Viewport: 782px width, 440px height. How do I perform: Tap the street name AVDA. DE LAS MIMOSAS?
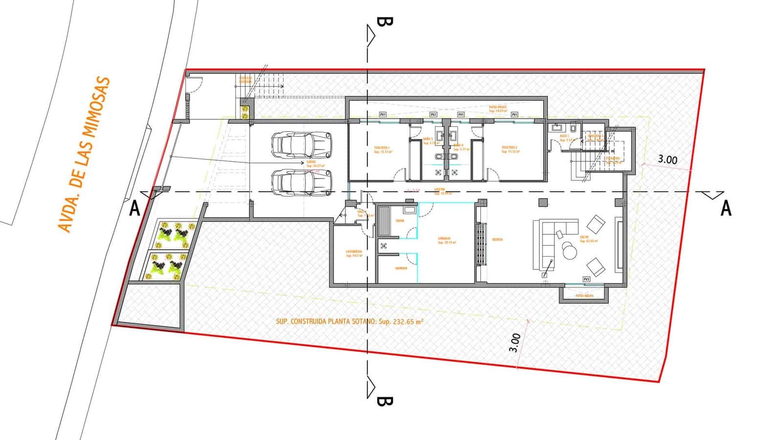click(85, 154)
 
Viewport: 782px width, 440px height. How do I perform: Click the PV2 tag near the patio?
click(433, 114)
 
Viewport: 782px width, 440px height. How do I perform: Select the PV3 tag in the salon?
click(586, 279)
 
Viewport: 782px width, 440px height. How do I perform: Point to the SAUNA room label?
click(400, 221)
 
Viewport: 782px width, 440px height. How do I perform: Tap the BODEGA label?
click(498, 240)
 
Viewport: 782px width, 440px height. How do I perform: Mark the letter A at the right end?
click(726, 209)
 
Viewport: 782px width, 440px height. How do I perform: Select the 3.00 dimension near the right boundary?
click(668, 159)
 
